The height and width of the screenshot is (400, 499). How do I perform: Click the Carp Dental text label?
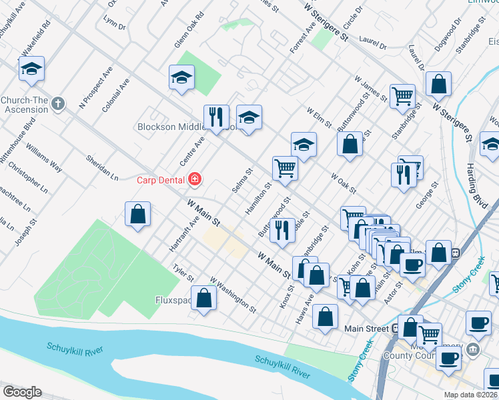point(162,179)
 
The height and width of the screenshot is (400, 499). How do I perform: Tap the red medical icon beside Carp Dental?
point(194,179)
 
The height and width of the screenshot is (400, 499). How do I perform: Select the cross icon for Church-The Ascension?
point(58,104)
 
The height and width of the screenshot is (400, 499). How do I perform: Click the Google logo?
point(22,392)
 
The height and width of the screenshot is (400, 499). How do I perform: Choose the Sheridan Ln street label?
point(102,168)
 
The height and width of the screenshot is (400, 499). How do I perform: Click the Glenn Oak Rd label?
point(189,33)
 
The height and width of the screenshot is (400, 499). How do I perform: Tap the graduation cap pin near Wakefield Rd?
point(31,68)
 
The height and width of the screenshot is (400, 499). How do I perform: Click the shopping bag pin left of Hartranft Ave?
point(137,214)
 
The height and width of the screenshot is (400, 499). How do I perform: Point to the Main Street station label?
point(366,329)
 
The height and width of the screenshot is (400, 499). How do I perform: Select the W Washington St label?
point(233,295)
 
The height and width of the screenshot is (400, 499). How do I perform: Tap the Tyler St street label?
point(183,273)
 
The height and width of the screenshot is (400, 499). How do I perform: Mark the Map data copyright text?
point(470,395)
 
